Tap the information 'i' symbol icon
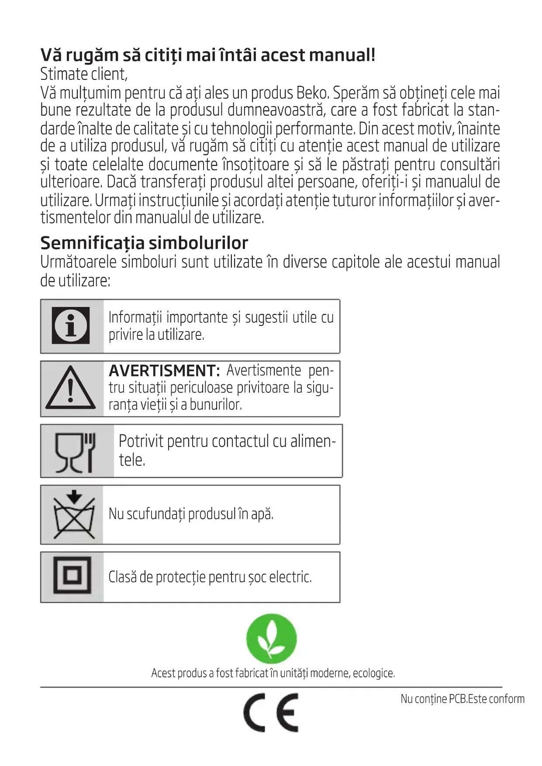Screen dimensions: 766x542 coord(71,326)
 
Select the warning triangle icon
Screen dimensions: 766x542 coord(70,388)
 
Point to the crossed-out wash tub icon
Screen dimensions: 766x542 coord(74,514)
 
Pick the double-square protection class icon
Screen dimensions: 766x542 coord(72,575)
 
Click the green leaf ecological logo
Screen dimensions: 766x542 coord(271,638)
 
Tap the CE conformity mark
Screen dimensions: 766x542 coord(271,712)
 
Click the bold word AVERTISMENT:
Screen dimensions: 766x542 coord(164,371)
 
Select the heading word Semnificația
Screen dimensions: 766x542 coord(92,243)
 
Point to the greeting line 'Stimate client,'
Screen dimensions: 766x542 coord(84,74)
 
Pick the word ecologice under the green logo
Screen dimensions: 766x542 coord(373,673)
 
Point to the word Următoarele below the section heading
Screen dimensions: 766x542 coord(78,262)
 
